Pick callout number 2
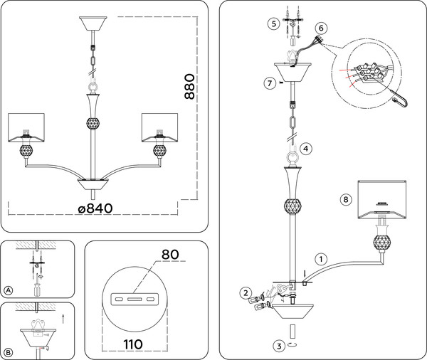point(245,292)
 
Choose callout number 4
point(305,149)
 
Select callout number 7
point(269,84)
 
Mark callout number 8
point(345,200)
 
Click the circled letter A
point(9,290)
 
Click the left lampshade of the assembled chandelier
point(26,127)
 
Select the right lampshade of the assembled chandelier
point(159,127)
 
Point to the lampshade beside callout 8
point(382,197)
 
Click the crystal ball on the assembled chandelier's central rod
point(92,122)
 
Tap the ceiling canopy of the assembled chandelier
point(93,22)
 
